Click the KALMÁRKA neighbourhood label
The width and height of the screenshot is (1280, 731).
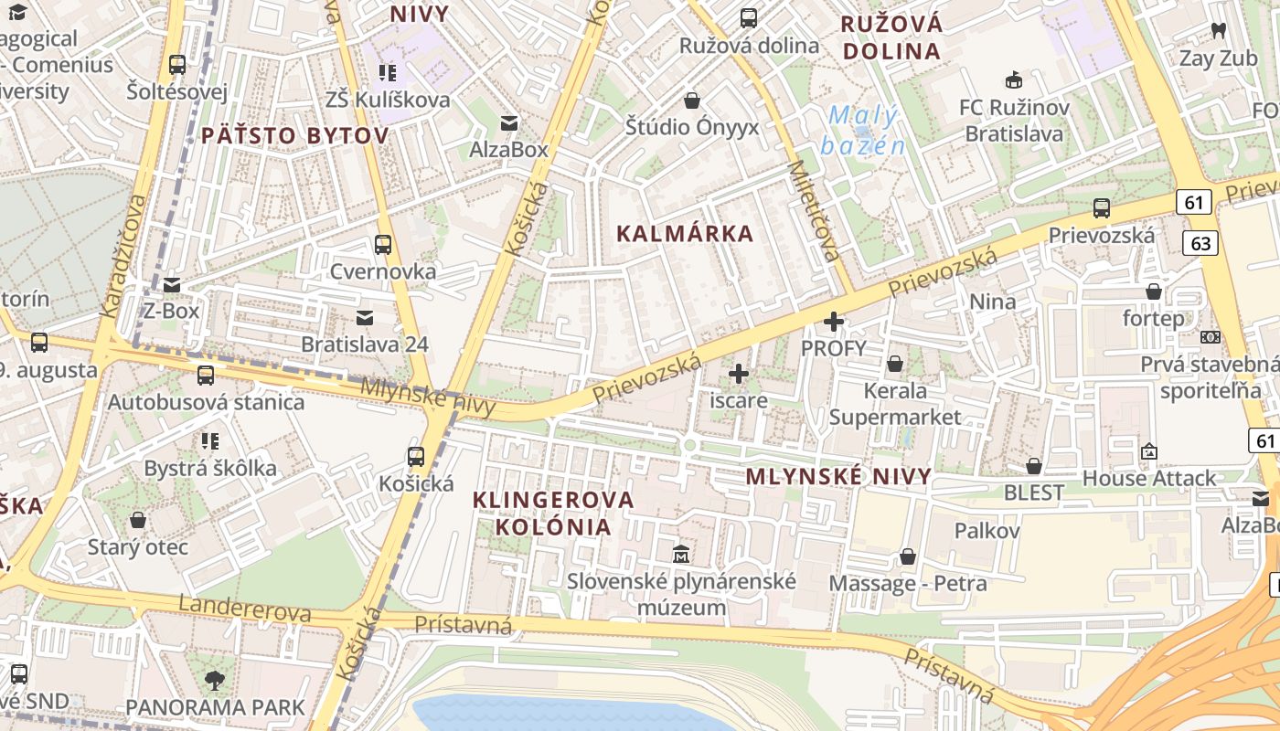coord(685,234)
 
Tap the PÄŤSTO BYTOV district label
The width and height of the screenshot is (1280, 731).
coord(294,136)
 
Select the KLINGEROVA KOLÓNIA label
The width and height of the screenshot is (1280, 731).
coord(552,513)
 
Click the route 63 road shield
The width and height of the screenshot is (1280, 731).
coord(1200,242)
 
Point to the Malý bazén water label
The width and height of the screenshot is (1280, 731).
coord(861,131)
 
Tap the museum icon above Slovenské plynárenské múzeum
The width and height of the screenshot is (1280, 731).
coord(681,554)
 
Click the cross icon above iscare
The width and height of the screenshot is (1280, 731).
coord(739,373)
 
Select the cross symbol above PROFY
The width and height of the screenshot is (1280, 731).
coord(834,322)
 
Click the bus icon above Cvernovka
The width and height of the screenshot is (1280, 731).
coord(383,244)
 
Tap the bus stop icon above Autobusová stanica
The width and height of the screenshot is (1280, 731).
coord(206,375)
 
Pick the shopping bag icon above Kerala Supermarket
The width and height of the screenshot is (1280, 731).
coord(895,364)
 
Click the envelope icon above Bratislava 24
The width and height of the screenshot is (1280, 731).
coord(365,317)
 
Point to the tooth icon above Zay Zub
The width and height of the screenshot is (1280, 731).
coord(1218,31)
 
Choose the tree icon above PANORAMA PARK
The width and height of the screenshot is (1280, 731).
coord(215,680)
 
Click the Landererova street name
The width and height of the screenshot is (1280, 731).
coord(244,609)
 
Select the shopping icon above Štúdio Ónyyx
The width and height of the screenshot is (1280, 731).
coord(692,100)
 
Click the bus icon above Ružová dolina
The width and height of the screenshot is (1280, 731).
coord(749,17)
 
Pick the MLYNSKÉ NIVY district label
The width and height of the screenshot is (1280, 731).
coord(838,476)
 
